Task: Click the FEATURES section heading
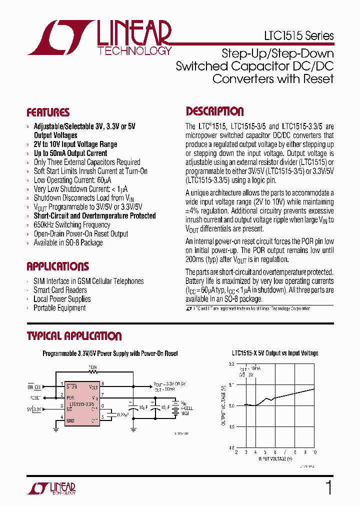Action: point(48,112)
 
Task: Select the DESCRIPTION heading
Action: point(215,111)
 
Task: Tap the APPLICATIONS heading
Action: point(57,266)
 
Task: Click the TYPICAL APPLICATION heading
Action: point(74,336)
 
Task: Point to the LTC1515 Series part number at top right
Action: point(298,36)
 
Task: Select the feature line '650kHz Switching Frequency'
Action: point(71,225)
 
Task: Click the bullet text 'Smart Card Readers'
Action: point(60,290)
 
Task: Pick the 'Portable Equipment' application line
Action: point(59,308)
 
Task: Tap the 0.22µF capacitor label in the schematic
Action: point(122,414)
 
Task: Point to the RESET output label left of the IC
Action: point(35,398)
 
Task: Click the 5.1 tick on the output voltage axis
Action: point(230,384)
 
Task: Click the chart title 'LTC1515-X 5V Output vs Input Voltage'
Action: point(275,353)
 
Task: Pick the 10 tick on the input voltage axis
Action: point(313,451)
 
